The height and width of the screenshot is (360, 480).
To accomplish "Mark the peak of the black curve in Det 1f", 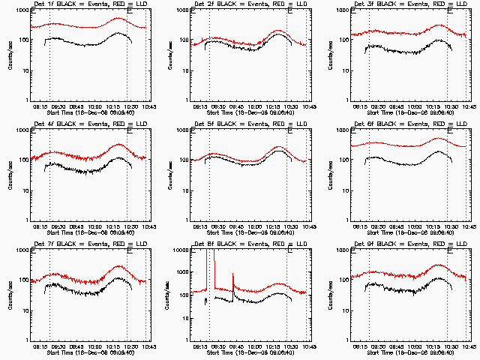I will (120, 34).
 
